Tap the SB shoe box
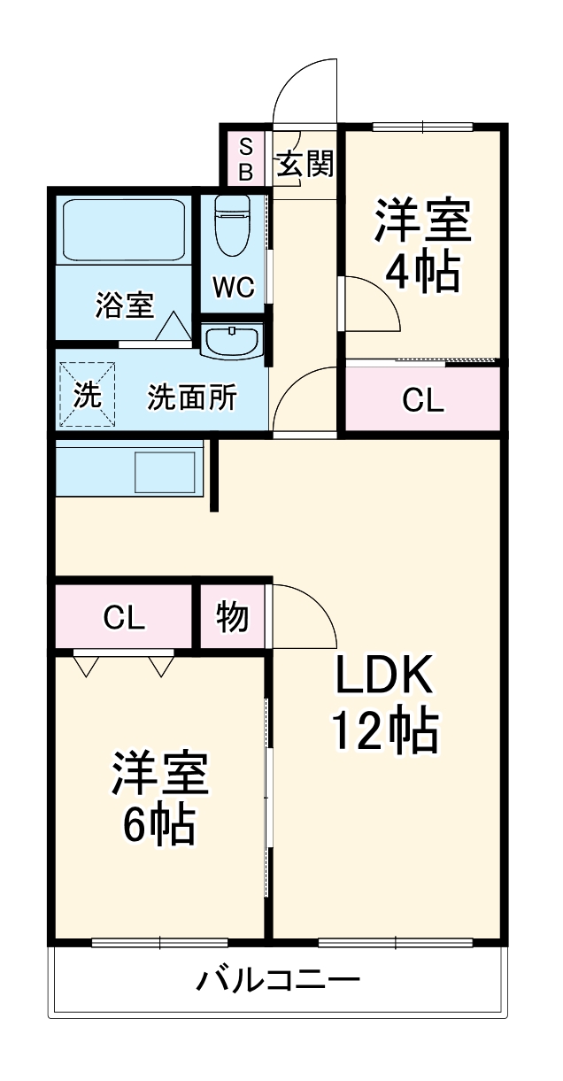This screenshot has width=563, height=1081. [x=245, y=158]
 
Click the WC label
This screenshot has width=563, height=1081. [x=234, y=287]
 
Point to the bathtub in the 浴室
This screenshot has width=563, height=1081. [x=123, y=230]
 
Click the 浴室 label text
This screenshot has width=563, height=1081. [x=125, y=305]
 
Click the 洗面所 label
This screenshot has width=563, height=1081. [x=192, y=398]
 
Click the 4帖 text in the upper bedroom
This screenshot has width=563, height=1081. [x=422, y=273]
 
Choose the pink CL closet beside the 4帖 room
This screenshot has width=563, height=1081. [x=422, y=400]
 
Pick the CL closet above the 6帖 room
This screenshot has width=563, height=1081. [x=123, y=617]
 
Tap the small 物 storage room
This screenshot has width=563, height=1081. [x=232, y=617]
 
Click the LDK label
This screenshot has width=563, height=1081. [x=383, y=677]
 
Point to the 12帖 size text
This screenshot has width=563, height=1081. [x=384, y=732]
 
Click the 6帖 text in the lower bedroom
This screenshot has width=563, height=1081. [x=159, y=825]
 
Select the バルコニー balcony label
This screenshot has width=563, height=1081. [x=278, y=980]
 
